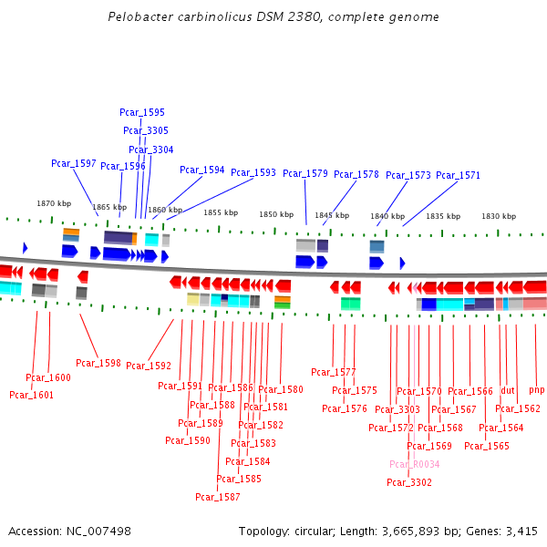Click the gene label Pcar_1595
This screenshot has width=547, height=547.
(x=142, y=112)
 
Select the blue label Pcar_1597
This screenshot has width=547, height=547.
(x=74, y=163)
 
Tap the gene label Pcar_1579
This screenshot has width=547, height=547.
(x=305, y=173)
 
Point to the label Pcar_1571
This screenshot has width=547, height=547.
(x=458, y=175)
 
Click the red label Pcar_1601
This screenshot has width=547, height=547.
(x=32, y=395)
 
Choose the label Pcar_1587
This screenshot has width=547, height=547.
(x=218, y=497)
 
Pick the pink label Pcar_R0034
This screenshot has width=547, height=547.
(x=415, y=464)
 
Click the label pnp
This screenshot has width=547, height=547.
(x=536, y=389)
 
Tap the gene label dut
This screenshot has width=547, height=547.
(x=508, y=390)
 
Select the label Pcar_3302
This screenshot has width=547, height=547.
(x=409, y=482)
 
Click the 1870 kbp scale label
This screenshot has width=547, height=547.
(x=54, y=203)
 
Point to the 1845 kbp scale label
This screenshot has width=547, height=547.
(x=332, y=216)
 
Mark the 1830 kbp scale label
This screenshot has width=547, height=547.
(x=499, y=216)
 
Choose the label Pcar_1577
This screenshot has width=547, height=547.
(x=334, y=372)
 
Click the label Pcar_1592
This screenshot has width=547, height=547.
(x=149, y=366)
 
